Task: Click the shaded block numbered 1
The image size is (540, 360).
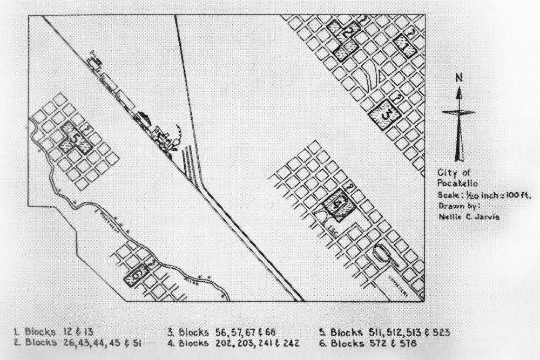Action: (x=404, y=46)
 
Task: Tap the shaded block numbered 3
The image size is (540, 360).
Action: (x=384, y=114)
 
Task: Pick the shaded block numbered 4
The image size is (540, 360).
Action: (x=337, y=205)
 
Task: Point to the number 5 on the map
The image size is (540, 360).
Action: (x=76, y=139)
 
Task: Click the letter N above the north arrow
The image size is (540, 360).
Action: (x=459, y=78)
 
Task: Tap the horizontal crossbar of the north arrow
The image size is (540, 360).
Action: (x=458, y=112)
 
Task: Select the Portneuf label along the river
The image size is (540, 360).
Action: (x=106, y=214)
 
